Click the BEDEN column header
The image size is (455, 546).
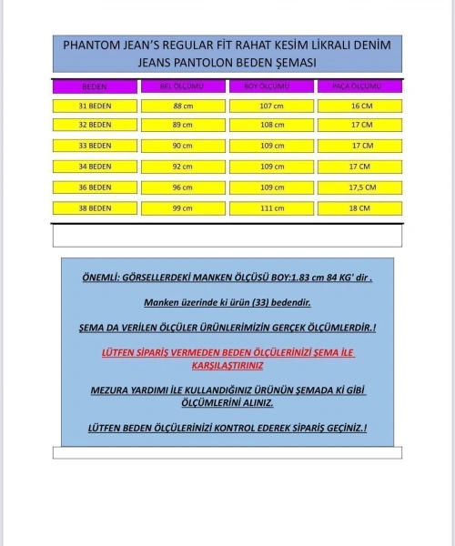[x=94, y=86]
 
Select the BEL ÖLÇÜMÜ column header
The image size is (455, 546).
[x=182, y=86]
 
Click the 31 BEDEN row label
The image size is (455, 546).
[x=95, y=106]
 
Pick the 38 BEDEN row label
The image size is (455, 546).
[x=95, y=208]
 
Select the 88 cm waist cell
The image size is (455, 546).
[x=182, y=106]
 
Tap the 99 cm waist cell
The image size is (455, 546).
[x=182, y=208]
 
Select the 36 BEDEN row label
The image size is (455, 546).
[x=95, y=187]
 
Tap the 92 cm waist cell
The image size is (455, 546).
[x=182, y=167]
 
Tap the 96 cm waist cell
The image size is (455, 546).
[x=182, y=187]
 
